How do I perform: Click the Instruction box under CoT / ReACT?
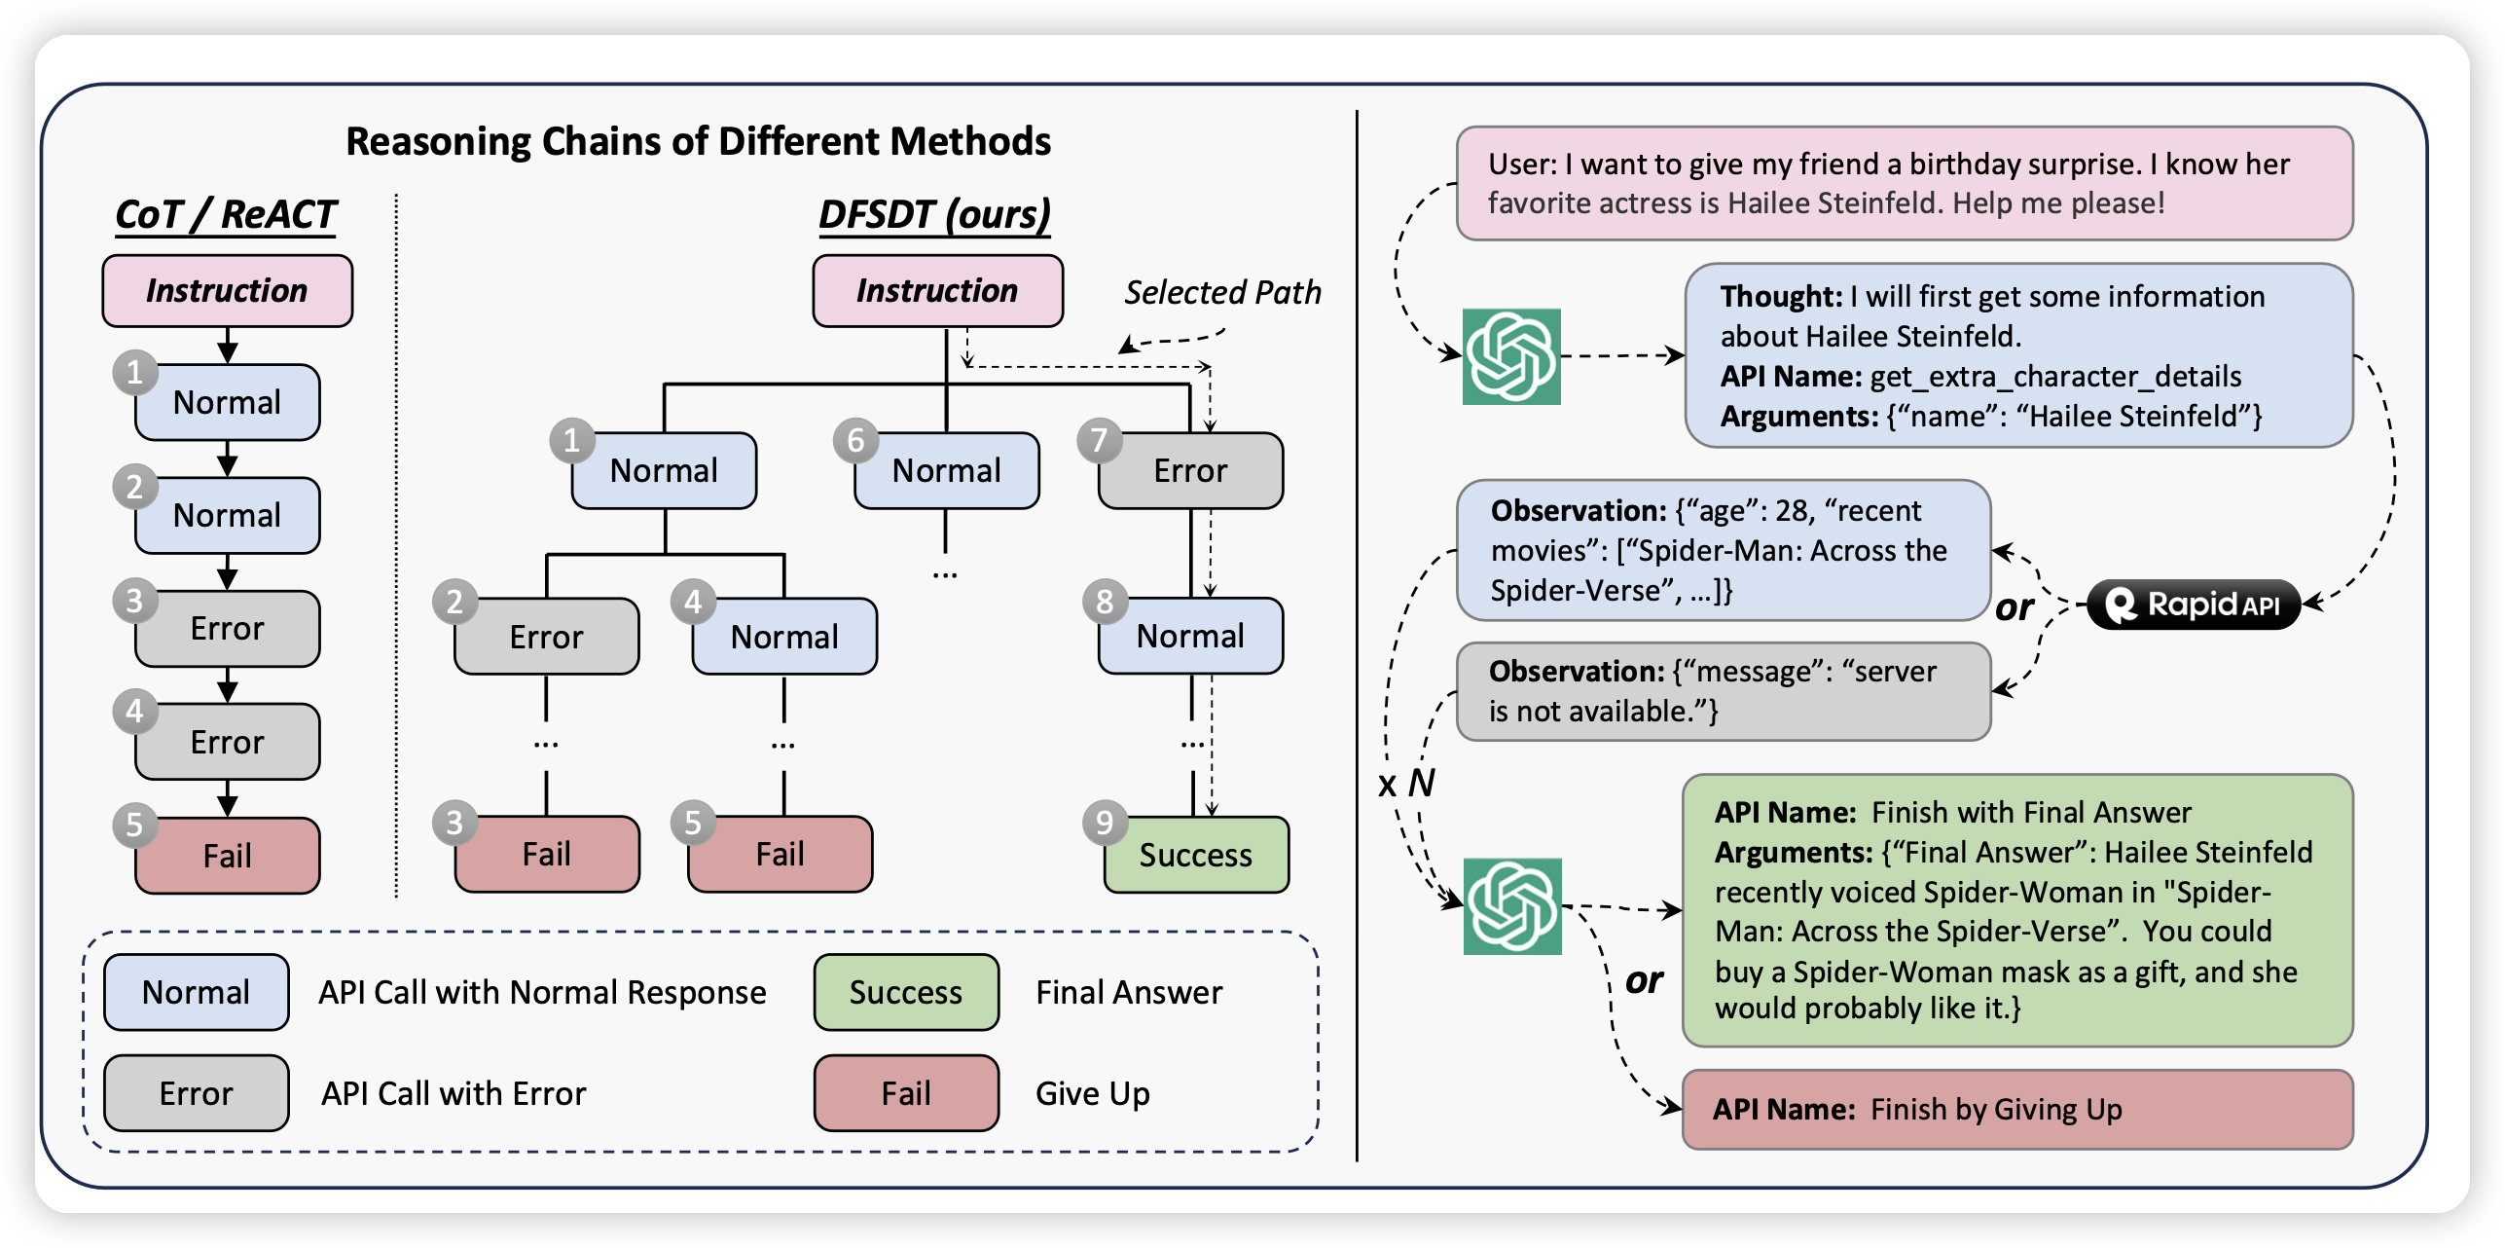227,290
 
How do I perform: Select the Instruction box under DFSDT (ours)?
937,290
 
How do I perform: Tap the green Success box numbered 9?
1196,855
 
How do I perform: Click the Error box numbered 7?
1190,471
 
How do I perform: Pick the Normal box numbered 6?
946,471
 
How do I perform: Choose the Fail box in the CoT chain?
227,856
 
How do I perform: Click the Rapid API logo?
2195,605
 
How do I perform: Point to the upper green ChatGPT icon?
1511,356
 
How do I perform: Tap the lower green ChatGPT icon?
1512,905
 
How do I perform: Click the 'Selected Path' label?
1222,292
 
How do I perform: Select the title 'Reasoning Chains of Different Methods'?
698,141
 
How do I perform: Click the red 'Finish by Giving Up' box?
2016,1109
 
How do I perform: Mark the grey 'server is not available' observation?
1723,691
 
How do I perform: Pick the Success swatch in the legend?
906,992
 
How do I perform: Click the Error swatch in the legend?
196,1093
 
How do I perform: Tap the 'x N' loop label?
1406,783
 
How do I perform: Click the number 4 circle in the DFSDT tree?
693,603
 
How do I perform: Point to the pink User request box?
1904,183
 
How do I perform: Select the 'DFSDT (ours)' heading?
934,214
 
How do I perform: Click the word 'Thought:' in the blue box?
1781,296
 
